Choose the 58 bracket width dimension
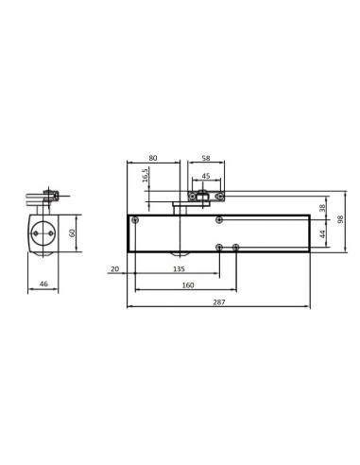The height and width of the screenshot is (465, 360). pyautogui.click(x=207, y=158)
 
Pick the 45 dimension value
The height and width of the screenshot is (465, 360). pyautogui.click(x=207, y=175)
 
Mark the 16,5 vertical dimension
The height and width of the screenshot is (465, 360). pyautogui.click(x=145, y=178)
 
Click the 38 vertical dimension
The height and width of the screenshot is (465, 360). pyautogui.click(x=322, y=207)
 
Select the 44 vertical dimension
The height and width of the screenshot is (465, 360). pyautogui.click(x=322, y=232)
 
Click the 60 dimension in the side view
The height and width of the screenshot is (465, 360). pyautogui.click(x=74, y=232)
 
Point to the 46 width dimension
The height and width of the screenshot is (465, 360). pyautogui.click(x=43, y=283)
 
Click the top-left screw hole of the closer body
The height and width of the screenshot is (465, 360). pyautogui.click(x=136, y=219)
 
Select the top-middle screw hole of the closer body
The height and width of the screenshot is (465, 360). pyautogui.click(x=219, y=219)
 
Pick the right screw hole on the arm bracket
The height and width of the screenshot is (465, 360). pyautogui.click(x=223, y=197)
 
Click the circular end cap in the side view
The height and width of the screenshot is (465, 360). pyautogui.click(x=43, y=232)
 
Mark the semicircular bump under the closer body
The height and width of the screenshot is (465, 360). pyautogui.click(x=177, y=254)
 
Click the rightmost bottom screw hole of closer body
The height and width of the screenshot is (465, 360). pyautogui.click(x=235, y=247)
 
